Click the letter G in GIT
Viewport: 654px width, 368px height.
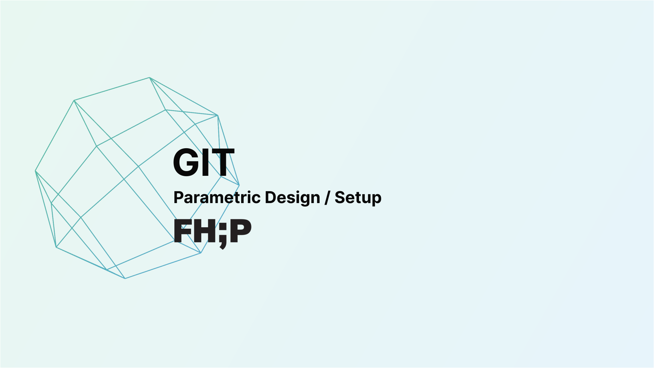coord(187,163)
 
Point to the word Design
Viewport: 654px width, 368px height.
coord(292,197)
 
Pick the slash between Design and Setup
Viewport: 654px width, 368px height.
coord(327,198)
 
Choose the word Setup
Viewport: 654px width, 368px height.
coord(358,198)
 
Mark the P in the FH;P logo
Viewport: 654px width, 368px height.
coord(240,231)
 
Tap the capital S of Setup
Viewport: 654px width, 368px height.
coord(340,197)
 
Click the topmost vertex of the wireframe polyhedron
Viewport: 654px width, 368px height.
coord(150,78)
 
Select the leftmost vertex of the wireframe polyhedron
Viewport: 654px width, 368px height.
coord(35,171)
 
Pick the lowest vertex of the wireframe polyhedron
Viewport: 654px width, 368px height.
coord(125,278)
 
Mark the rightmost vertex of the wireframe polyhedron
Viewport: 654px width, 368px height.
coord(239,185)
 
